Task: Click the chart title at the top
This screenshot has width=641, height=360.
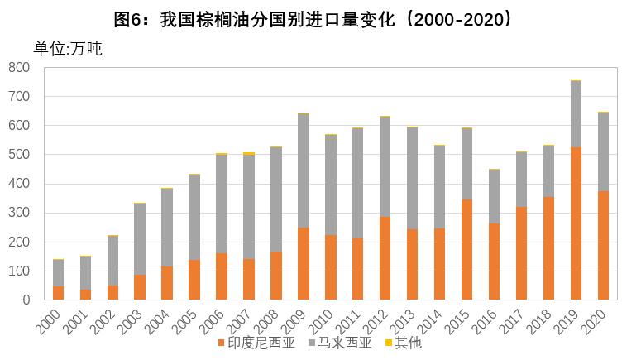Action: (x=320, y=19)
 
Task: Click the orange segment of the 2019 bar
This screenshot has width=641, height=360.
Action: (x=576, y=223)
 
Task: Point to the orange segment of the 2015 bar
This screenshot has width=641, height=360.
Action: (x=466, y=249)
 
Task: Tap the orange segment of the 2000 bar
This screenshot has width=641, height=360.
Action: (x=58, y=293)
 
